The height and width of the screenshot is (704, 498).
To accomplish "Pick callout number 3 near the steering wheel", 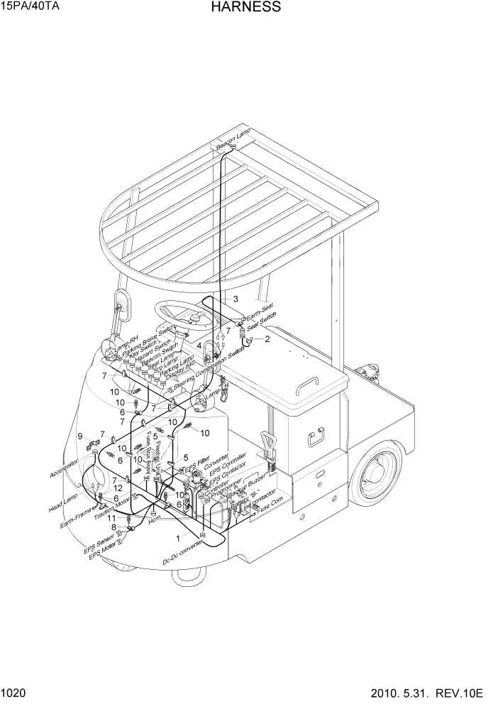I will (236, 299).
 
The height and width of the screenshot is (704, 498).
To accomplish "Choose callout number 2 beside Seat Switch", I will (267, 339).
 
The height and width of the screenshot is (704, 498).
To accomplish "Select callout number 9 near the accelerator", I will (80, 436).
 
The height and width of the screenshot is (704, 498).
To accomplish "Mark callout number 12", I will (118, 488).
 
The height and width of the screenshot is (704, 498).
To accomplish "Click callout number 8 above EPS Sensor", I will (114, 527).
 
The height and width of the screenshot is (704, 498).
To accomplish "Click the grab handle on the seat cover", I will (306, 383).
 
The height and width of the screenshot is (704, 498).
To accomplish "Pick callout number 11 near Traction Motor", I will (111, 519).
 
